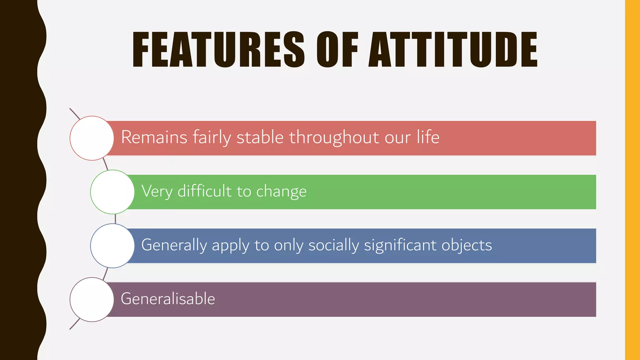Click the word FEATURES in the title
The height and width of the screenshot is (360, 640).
pyautogui.click(x=218, y=49)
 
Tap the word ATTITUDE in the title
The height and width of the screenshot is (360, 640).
pyautogui.click(x=453, y=49)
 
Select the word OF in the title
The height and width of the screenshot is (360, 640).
pyautogui.click(x=337, y=49)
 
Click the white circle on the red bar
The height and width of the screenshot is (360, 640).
pyautogui.click(x=92, y=138)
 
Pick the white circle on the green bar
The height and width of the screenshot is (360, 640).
pyautogui.click(x=112, y=192)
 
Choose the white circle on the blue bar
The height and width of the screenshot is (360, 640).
pyautogui.click(x=112, y=246)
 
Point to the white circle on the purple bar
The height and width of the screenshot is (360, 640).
pyautogui.click(x=92, y=299)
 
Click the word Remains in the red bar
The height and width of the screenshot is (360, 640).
pyautogui.click(x=154, y=137)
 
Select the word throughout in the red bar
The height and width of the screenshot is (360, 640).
pyautogui.click(x=334, y=137)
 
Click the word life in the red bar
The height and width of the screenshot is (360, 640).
pyautogui.click(x=428, y=137)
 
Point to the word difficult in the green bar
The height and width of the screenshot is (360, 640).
pyautogui.click(x=205, y=191)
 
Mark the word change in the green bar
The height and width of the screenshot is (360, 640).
pyautogui.click(x=281, y=191)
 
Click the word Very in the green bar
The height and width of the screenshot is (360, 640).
pyautogui.click(x=157, y=191)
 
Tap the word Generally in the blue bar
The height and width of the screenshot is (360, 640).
pyautogui.click(x=174, y=245)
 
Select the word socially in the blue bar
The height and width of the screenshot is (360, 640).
pyautogui.click(x=333, y=245)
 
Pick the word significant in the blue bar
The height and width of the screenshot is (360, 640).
pyautogui.click(x=400, y=245)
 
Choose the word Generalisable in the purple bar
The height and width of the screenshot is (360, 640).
pyautogui.click(x=168, y=298)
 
